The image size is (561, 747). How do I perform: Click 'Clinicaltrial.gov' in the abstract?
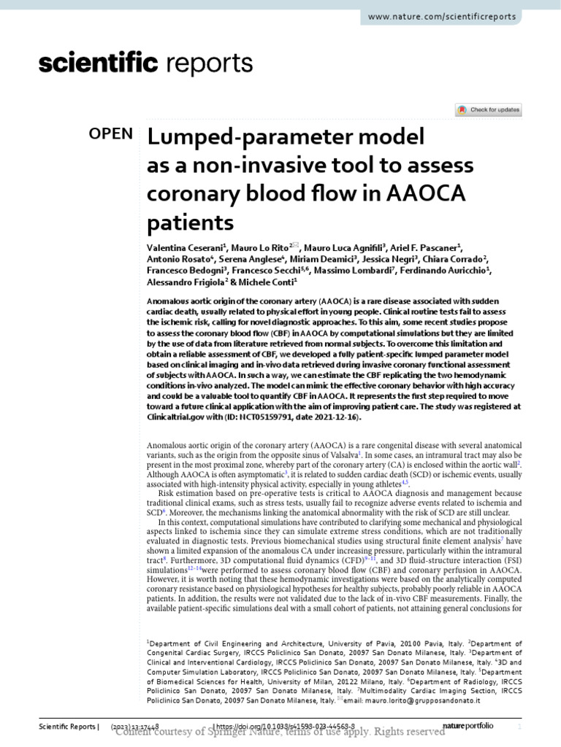coord(175,418)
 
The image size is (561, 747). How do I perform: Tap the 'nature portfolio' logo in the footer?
coord(468,727)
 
